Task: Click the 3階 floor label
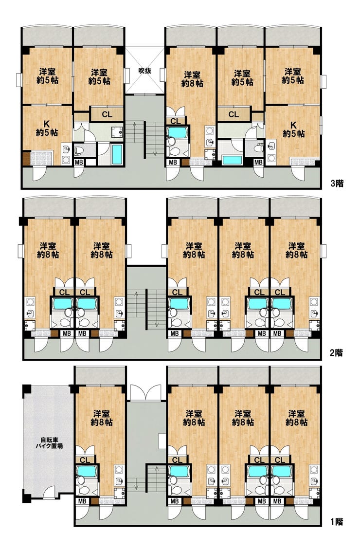(337, 183)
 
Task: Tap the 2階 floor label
(336, 352)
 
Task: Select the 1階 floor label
(336, 521)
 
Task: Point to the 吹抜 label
(144, 71)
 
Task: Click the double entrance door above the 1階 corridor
(146, 393)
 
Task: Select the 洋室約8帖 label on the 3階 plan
(192, 79)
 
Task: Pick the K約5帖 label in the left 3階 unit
(47, 129)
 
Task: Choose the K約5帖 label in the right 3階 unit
(293, 129)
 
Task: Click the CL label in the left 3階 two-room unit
(107, 114)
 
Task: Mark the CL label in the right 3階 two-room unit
(234, 114)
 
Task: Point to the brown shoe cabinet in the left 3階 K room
(26, 159)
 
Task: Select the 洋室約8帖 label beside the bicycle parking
(102, 418)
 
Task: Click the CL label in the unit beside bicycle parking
(85, 460)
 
